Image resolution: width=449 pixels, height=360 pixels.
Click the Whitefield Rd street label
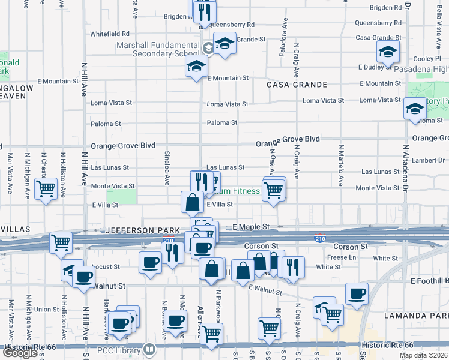click(x=109, y=34)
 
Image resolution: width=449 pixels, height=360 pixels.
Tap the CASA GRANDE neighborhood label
click(x=297, y=85)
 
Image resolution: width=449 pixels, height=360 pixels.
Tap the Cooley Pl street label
click(x=427, y=59)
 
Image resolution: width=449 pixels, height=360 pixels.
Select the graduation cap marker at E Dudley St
click(x=388, y=52)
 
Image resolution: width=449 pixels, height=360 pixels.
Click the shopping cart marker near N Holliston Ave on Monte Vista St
click(x=46, y=188)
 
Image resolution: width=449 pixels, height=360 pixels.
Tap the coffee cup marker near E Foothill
click(x=357, y=293)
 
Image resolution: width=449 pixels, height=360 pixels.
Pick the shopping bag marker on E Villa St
click(x=192, y=202)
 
